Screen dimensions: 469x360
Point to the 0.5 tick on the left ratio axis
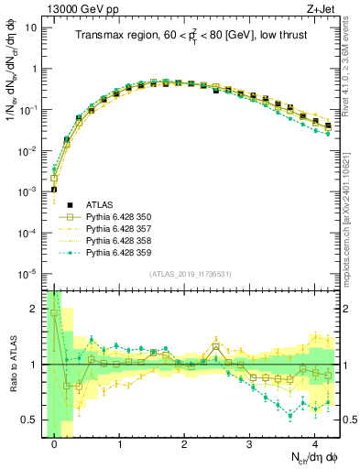coord(35,420)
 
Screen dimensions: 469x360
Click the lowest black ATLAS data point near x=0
coord(54,190)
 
